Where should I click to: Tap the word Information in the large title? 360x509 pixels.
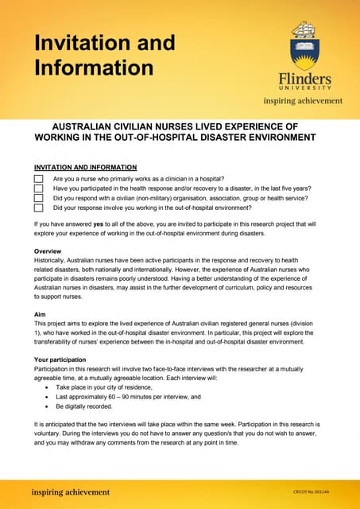coord(93,68)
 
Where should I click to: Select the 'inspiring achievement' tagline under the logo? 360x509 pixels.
coord(303,101)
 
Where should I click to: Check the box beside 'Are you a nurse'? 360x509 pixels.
coord(38,180)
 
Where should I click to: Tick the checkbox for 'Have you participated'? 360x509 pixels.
coord(38,189)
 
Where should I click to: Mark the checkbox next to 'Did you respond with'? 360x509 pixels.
coord(38,199)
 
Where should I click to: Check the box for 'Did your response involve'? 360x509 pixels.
coord(38,208)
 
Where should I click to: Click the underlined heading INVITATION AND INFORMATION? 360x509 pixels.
coord(85,168)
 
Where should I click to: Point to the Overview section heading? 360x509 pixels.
coord(50,251)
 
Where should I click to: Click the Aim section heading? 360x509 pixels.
coord(41,315)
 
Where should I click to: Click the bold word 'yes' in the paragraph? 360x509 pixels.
coord(99,225)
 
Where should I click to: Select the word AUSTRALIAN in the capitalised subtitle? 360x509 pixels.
coord(88,126)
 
